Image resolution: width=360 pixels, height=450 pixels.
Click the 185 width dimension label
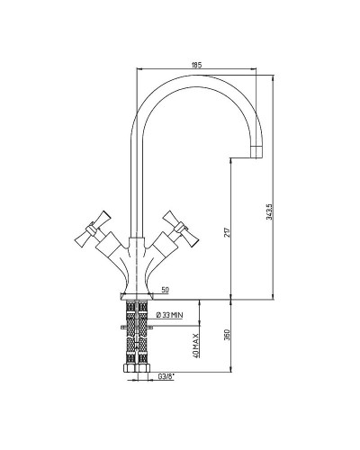click(196, 65)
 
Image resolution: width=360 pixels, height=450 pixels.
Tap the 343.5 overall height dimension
click(269, 211)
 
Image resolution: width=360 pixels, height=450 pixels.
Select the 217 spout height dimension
click(228, 232)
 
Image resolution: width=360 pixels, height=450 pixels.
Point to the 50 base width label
click(165, 290)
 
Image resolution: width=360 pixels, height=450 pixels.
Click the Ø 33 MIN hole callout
click(170, 315)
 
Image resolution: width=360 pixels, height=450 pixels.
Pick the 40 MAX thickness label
click(195, 346)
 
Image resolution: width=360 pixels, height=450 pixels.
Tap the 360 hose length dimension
click(227, 335)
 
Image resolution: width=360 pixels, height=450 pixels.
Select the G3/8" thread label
click(166, 376)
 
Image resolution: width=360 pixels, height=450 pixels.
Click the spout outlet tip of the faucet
click(256, 152)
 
